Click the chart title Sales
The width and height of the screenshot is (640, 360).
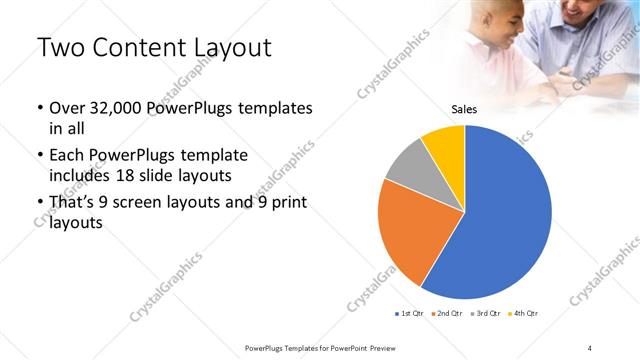click(x=464, y=110)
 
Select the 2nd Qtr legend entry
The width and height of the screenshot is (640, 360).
click(x=449, y=314)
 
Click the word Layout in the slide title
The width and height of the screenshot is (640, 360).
click(x=232, y=47)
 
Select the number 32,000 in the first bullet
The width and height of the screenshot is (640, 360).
click(x=119, y=107)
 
